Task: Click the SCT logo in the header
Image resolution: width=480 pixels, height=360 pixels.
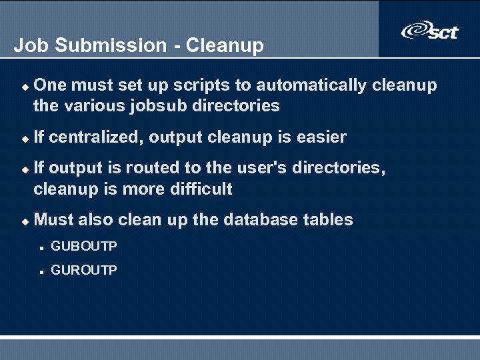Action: [430, 31]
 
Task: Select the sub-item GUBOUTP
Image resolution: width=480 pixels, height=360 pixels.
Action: [84, 247]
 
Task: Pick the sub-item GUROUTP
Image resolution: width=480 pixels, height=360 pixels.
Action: [84, 271]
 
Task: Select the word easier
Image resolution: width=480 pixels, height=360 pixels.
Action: [321, 137]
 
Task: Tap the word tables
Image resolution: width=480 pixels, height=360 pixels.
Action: [329, 220]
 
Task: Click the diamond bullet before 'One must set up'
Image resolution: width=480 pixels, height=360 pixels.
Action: [25, 87]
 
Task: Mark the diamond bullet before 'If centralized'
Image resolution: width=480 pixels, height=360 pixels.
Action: [25, 139]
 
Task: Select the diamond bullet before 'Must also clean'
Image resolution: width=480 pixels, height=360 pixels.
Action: [25, 221]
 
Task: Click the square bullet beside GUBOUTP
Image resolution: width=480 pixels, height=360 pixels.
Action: [41, 247]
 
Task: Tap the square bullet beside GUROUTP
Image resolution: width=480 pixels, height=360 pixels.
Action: [41, 271]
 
